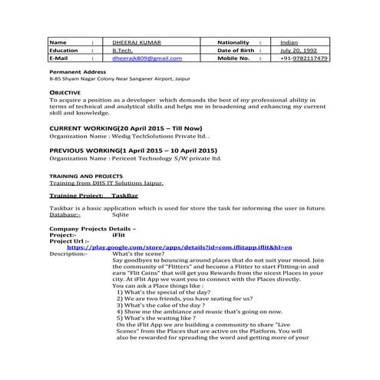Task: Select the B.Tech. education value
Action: (x=123, y=50)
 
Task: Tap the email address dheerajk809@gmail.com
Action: (x=147, y=58)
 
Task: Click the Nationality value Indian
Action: (x=289, y=42)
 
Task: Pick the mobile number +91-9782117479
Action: (x=304, y=58)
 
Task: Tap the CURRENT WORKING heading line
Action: (x=125, y=127)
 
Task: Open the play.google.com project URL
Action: (x=180, y=247)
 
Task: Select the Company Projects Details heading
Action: (x=93, y=229)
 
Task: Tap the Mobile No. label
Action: (x=234, y=58)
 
